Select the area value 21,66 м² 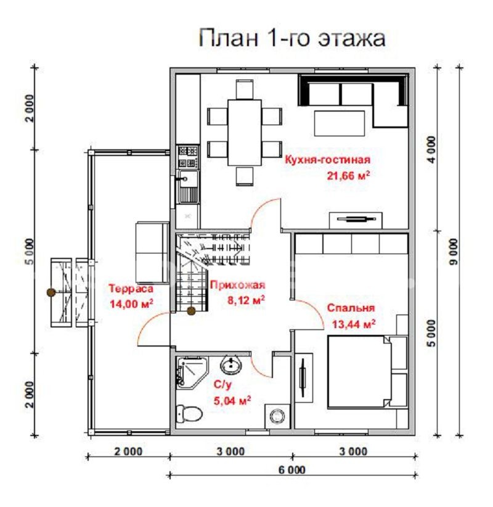(x=349, y=175)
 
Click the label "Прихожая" (x=237, y=284)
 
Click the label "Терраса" (x=130, y=288)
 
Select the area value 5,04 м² (x=232, y=400)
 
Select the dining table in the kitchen (x=245, y=132)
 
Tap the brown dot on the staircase (x=191, y=311)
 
